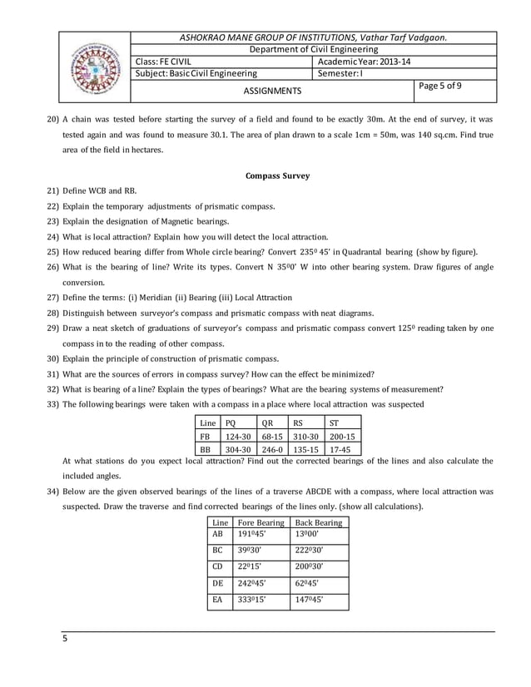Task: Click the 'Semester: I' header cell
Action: click(341, 73)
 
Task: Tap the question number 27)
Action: click(52, 298)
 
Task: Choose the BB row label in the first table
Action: click(203, 448)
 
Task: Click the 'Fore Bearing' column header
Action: click(261, 522)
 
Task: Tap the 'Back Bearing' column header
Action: click(319, 522)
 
